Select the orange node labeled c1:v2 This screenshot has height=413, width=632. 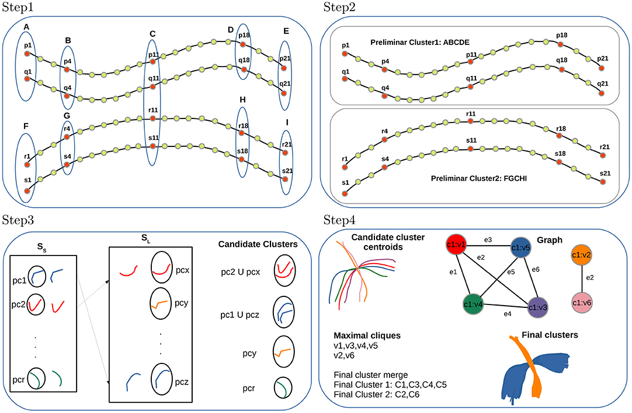point(584,254)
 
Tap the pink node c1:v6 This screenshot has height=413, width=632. point(584,304)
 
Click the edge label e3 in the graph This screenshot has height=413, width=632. point(488,240)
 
